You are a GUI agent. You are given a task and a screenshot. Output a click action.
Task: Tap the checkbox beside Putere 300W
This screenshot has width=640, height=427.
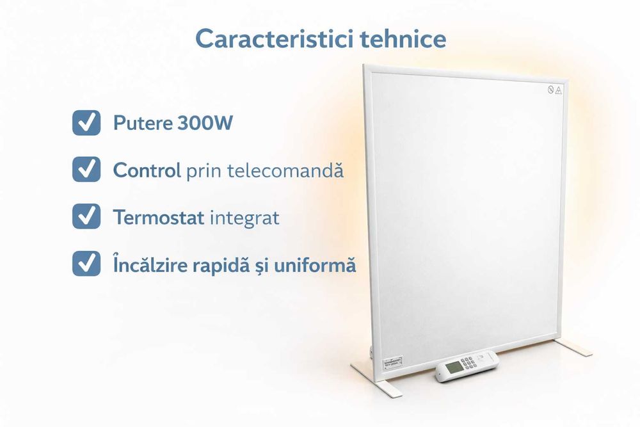(x=86, y=123)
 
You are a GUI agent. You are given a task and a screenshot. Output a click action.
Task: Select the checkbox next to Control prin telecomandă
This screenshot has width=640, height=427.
(x=86, y=170)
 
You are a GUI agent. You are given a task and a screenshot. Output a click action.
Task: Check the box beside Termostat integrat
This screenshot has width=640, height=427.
(x=86, y=216)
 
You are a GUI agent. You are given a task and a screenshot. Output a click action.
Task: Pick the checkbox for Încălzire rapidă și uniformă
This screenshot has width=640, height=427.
(x=86, y=263)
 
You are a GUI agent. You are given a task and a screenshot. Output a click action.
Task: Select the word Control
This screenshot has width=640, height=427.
(x=147, y=170)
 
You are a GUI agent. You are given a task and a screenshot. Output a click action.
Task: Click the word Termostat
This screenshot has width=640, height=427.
(x=158, y=217)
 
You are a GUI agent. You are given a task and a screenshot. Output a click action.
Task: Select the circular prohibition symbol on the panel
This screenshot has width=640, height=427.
(x=550, y=90)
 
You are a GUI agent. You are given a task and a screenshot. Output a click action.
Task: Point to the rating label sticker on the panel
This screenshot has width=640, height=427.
(x=392, y=362)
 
